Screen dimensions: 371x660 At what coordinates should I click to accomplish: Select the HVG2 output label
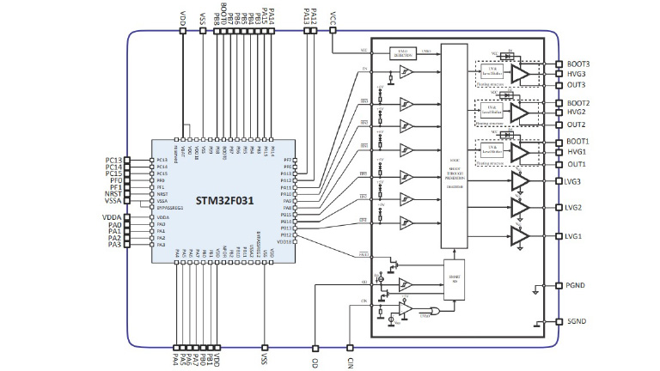(577, 113)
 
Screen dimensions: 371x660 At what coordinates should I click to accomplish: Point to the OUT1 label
(577, 163)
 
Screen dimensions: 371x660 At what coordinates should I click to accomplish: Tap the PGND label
(577, 285)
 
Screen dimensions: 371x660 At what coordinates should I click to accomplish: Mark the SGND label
(577, 323)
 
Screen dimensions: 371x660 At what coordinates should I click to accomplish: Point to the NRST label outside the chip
(113, 193)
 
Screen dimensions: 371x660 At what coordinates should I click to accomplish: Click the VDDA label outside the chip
(113, 218)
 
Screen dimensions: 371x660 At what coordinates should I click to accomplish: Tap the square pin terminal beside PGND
(559, 285)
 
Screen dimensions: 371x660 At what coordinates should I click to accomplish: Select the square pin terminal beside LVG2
(559, 208)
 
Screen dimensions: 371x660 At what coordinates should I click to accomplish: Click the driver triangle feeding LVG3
(520, 181)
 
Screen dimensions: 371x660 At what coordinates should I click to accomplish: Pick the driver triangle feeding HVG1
(520, 151)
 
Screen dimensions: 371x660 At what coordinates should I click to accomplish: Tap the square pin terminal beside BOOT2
(559, 102)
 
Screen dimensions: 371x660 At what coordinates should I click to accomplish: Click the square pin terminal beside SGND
(559, 323)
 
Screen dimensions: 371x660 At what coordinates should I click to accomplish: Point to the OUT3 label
(577, 84)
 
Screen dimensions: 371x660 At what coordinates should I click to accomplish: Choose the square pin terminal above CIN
(349, 348)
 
